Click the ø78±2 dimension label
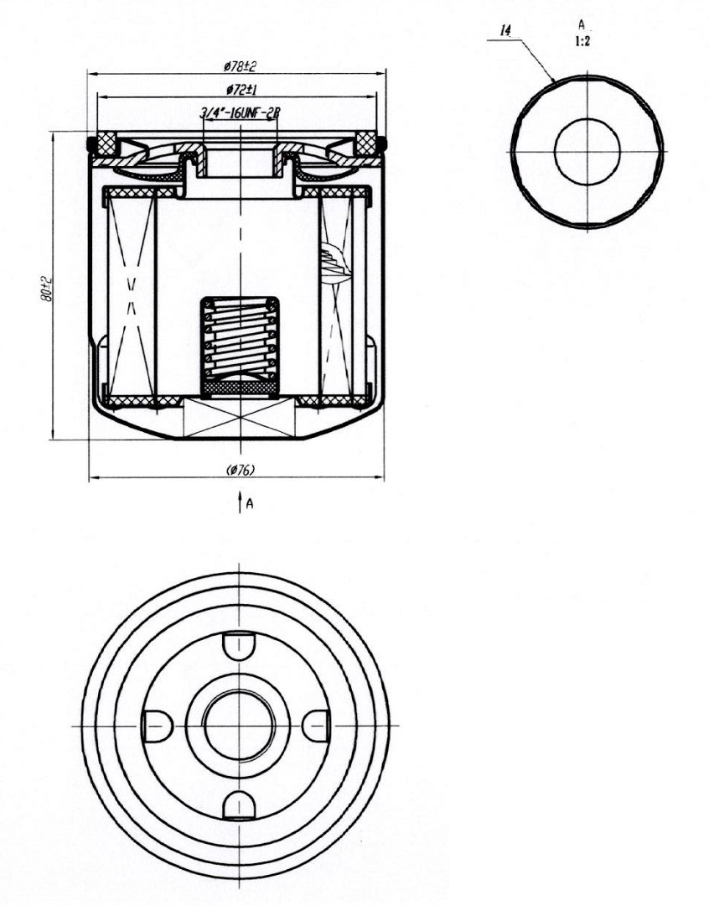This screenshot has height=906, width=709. point(240,66)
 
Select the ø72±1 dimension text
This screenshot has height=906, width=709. point(241,90)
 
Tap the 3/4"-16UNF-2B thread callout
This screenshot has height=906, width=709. point(240,113)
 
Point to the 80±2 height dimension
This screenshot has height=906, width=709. point(46,288)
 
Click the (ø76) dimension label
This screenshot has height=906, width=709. point(241,470)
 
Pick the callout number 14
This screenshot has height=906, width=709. point(505,31)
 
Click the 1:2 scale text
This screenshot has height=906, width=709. point(582,42)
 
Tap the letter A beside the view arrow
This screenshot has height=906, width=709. point(250,504)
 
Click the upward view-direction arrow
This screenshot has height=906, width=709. point(240,502)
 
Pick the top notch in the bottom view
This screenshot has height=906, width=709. point(239,644)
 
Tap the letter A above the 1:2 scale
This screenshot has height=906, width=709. point(582,24)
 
